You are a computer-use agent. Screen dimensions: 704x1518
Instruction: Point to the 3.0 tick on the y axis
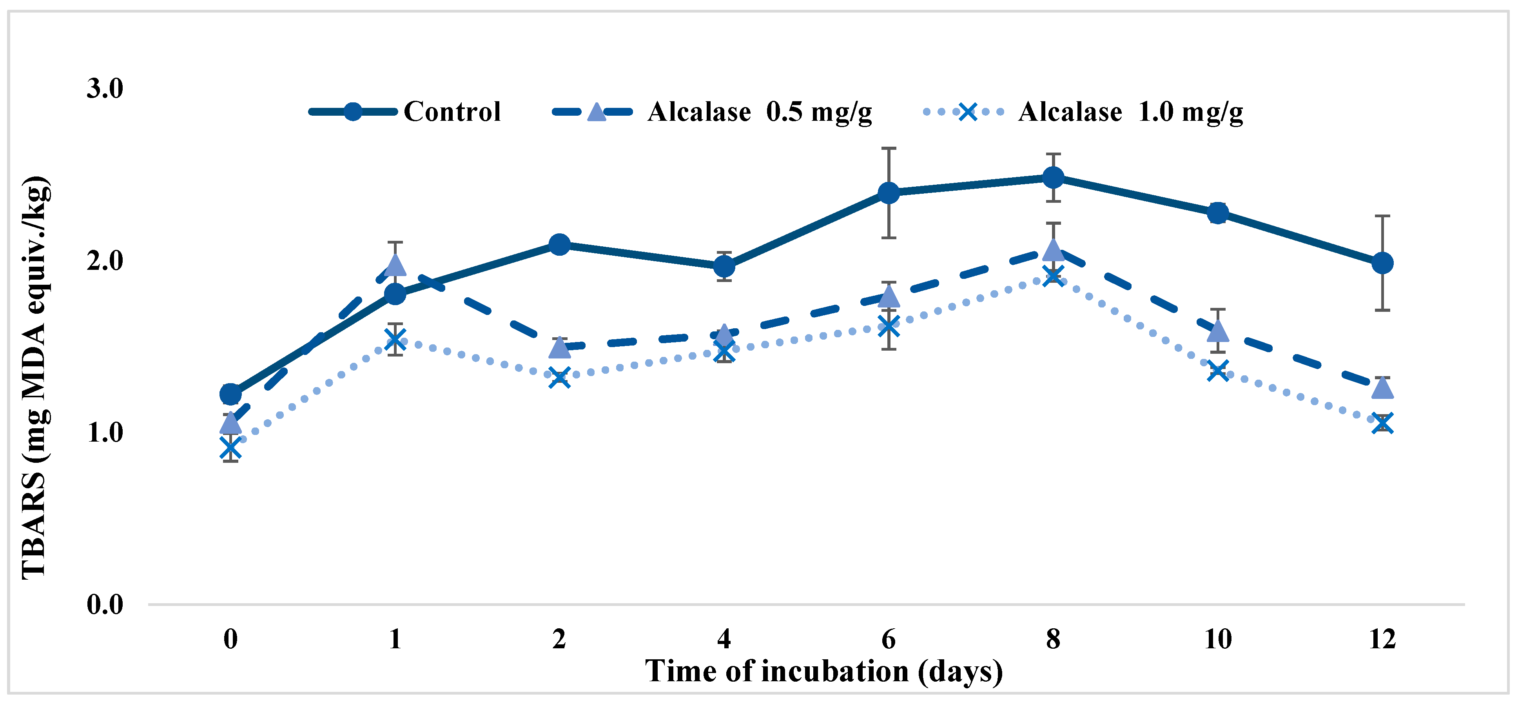105,89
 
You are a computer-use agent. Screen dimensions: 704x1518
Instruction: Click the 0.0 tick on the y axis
105,604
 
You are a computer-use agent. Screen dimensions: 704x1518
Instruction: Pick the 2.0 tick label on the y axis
105,260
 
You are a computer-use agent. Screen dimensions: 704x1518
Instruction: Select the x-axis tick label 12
1382,639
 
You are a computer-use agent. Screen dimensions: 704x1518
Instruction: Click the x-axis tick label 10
1217,639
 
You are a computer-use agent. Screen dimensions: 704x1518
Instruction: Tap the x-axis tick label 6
889,639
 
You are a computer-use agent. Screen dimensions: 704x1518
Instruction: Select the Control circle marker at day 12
1382,263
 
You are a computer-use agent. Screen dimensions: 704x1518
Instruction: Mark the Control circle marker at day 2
559,244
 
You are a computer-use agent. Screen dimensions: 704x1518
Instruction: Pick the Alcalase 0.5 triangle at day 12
1382,388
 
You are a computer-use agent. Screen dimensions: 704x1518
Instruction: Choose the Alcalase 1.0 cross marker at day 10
1217,371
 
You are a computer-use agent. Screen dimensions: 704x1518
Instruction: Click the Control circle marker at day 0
230,394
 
